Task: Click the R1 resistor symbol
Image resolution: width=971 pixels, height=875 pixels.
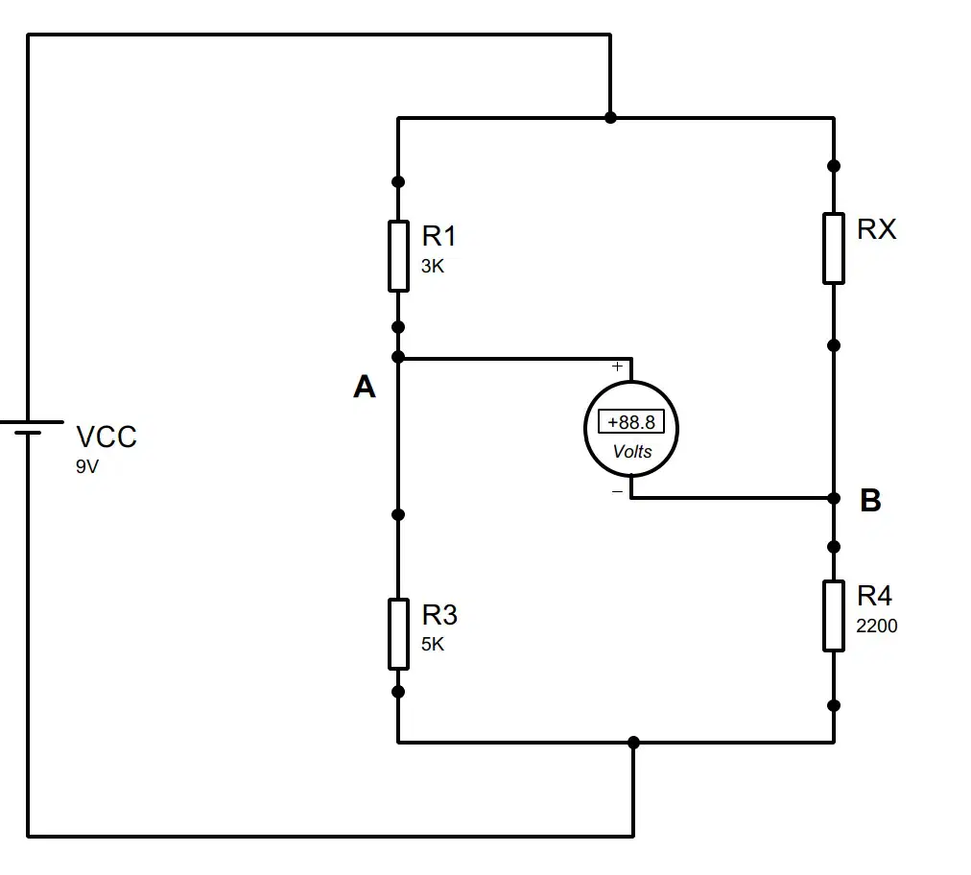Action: point(398,256)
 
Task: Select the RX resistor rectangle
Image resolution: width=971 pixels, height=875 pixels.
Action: point(834,248)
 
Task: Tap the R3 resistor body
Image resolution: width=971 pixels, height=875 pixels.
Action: point(398,634)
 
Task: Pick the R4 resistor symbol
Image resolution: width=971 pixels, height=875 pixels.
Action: point(834,616)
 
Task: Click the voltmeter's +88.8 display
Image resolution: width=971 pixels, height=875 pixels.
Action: point(631,422)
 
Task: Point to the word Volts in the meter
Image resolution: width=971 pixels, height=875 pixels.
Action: point(632,452)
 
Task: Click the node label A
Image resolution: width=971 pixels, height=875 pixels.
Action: point(365,387)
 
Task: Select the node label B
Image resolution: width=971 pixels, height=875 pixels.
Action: point(870,501)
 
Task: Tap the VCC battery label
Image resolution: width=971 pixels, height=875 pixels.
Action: point(106,437)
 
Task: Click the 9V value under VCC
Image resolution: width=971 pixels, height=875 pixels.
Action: point(87,467)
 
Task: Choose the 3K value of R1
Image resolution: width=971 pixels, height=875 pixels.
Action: point(432,267)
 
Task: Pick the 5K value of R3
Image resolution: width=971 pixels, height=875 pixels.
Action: point(432,645)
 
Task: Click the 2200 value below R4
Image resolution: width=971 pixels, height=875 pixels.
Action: point(876,627)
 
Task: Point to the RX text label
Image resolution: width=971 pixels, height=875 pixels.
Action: point(876,229)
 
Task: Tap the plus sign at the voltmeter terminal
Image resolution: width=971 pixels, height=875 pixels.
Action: point(617,367)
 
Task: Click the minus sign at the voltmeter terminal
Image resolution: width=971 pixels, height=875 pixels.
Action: point(617,491)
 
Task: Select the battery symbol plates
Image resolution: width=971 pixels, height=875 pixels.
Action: point(29,427)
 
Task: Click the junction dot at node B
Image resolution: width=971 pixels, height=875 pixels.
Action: point(834,498)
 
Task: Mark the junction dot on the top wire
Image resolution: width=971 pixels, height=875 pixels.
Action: point(610,117)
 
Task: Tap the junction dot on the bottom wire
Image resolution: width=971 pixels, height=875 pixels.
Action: point(633,742)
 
